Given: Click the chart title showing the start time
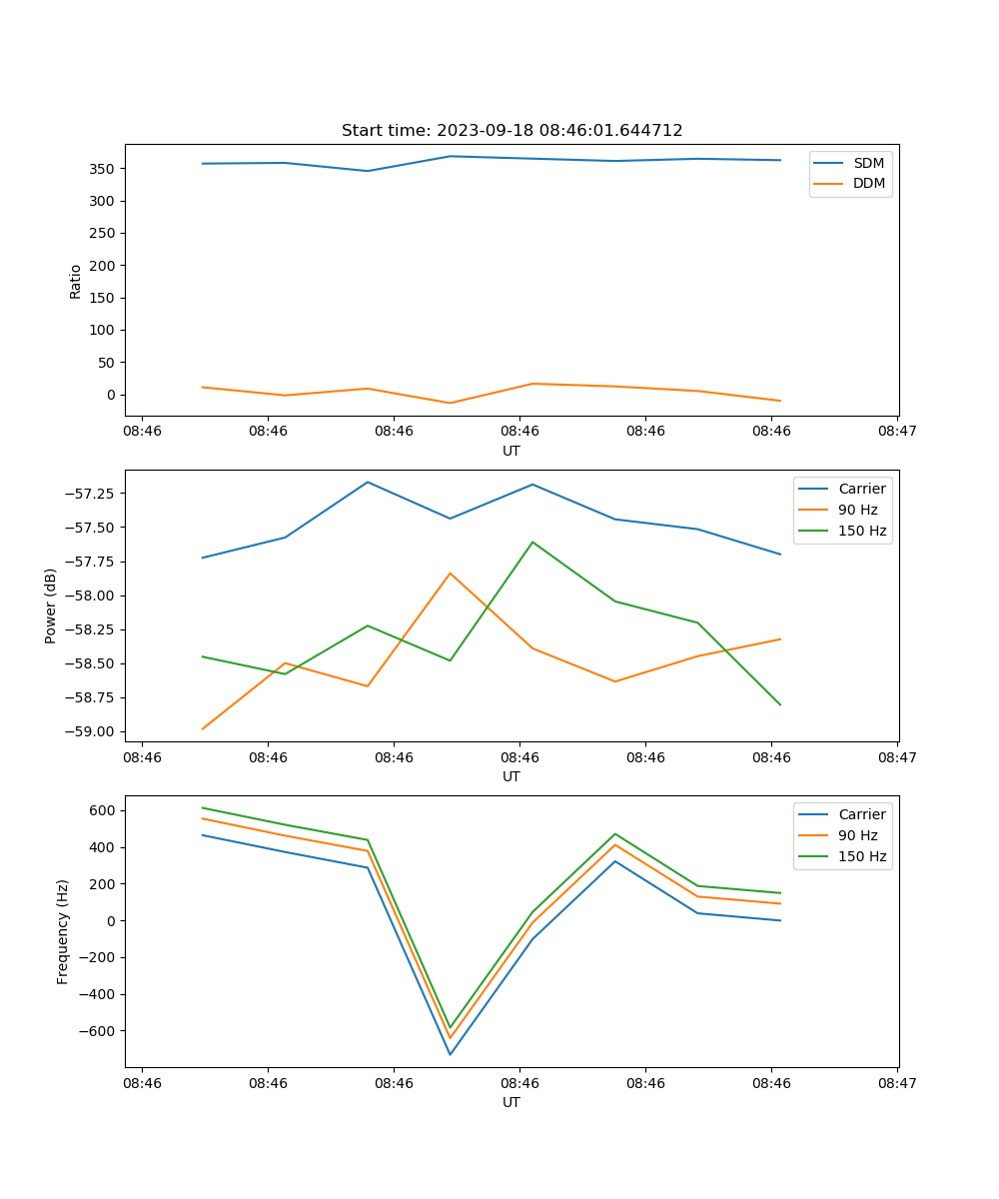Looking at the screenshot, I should pos(511,131).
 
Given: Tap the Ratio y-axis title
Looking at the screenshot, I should pos(76,281).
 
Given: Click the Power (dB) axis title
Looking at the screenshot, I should pos(51,606).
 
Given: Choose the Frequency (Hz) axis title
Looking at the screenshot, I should pos(63,931).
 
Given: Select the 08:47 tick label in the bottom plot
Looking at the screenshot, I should pos(897,1083).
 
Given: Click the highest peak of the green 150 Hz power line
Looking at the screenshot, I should pos(532,542).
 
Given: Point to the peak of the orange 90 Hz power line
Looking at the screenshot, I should pos(450,574).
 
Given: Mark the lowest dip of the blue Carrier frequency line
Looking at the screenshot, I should pos(450,1054).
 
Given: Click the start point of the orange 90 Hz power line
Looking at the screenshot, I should pos(203,728).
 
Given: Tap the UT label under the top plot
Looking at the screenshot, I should pos(511,451).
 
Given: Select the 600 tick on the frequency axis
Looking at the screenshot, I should pos(103,810).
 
